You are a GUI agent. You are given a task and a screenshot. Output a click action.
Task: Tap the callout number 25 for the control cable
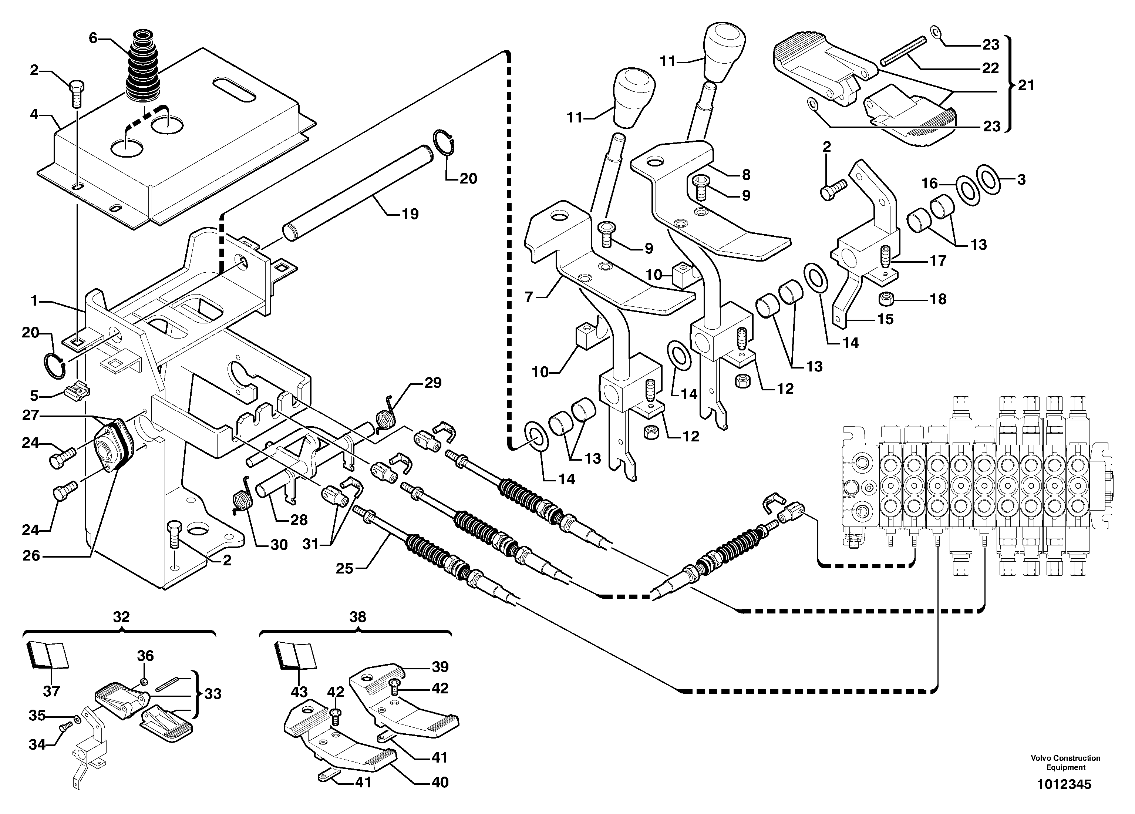click(344, 568)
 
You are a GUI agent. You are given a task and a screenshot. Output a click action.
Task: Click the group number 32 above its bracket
click(121, 617)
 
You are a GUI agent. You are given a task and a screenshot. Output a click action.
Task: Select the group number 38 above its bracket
click(357, 617)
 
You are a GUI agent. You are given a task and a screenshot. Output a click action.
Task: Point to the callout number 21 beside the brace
click(1026, 85)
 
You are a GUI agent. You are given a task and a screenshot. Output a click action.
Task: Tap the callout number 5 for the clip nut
click(34, 396)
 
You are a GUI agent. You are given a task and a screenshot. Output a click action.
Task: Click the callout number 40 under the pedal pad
click(440, 782)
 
